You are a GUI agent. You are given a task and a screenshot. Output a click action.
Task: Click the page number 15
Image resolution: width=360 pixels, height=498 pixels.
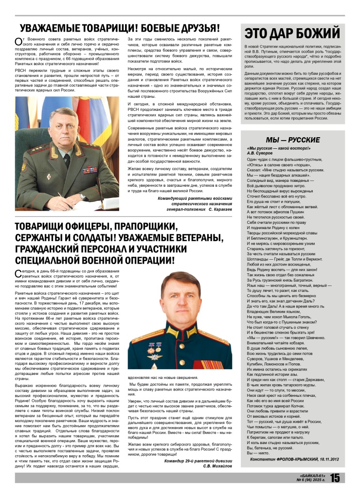point(335,478)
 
